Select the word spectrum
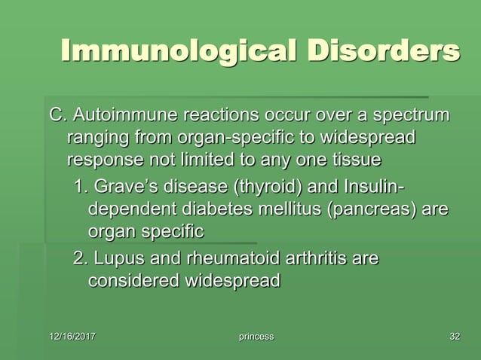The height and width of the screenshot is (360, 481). coord(407,117)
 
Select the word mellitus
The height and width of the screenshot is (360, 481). coord(293,209)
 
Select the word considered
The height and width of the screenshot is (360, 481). coord(131,281)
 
